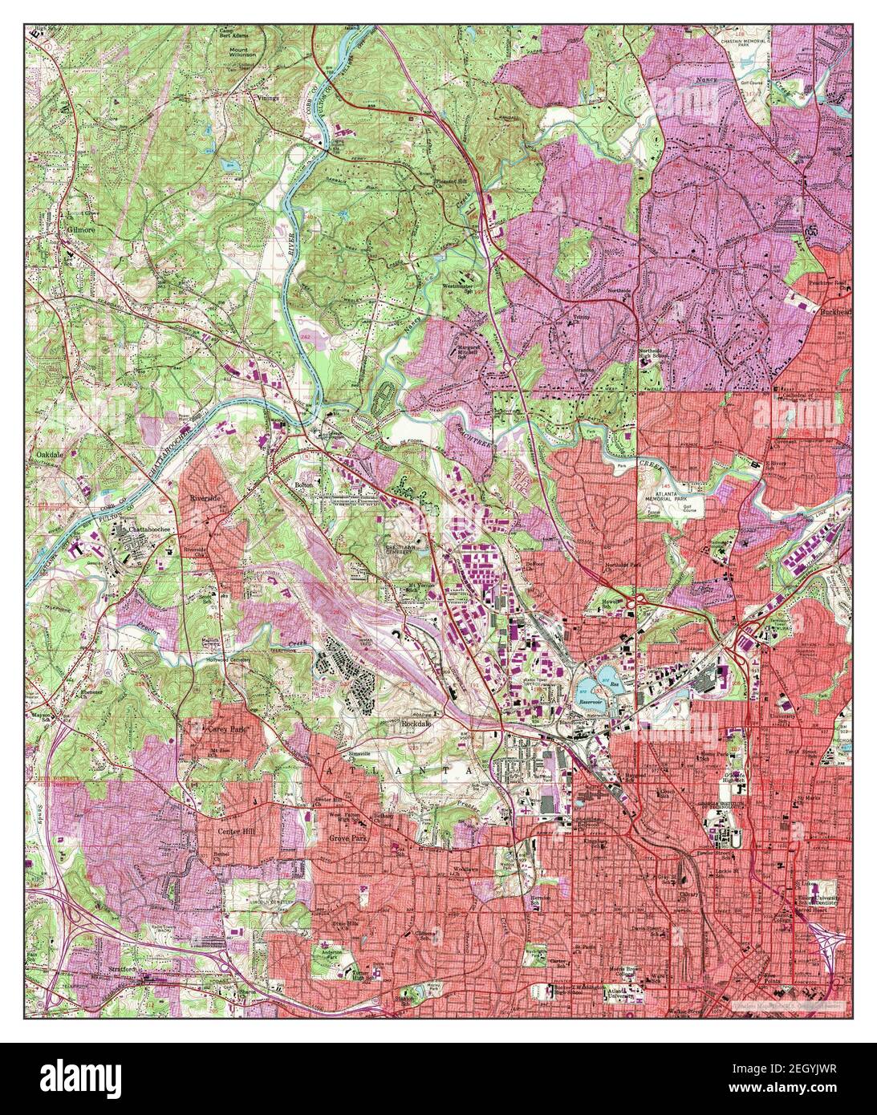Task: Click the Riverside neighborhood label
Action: click(x=205, y=497)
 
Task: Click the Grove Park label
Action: click(x=347, y=837)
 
